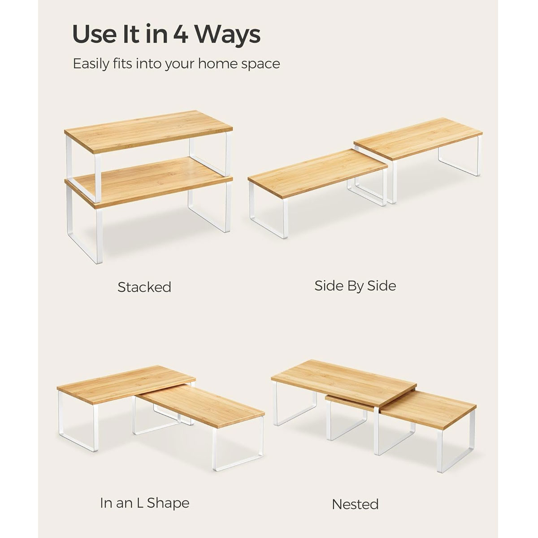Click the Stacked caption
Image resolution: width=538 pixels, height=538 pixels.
(144, 287)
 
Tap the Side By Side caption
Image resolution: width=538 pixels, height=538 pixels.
(355, 286)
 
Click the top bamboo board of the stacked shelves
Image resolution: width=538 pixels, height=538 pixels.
(148, 131)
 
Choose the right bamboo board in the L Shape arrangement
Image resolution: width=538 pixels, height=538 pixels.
(202, 405)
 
